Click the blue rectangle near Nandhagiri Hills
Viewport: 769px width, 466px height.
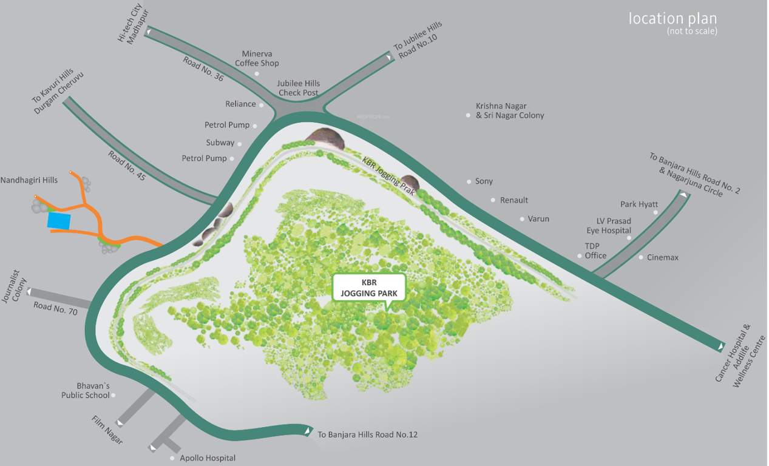point(59,220)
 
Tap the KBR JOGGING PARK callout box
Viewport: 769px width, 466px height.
point(369,287)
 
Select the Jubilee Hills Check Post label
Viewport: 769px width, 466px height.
point(299,88)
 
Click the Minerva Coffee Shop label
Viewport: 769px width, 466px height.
point(257,58)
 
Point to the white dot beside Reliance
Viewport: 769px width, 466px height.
point(262,105)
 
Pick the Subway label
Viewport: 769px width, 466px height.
point(220,143)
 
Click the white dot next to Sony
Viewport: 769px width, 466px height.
point(469,181)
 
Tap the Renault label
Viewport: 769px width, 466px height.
point(513,200)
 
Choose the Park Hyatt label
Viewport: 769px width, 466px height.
point(639,204)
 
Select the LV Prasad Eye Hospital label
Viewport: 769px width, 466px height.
point(609,226)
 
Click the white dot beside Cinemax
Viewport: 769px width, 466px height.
point(641,258)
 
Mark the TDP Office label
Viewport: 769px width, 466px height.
point(595,251)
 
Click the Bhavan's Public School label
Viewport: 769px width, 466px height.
point(86,390)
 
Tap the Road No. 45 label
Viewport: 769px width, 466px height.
point(127,165)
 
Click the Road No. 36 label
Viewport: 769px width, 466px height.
point(203,69)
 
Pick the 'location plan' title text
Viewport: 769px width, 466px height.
point(672,19)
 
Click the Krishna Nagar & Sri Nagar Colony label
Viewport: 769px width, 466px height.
point(510,110)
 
